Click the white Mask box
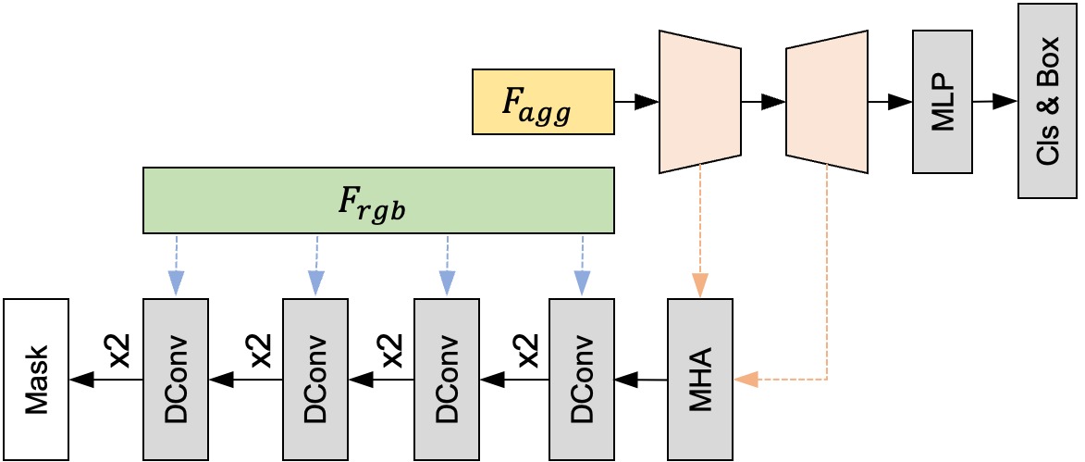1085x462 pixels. [35, 379]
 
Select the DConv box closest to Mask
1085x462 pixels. [176, 379]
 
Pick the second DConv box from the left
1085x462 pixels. [315, 379]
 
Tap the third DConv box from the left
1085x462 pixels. [447, 379]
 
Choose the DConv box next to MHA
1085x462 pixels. [582, 379]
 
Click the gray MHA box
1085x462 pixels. [700, 379]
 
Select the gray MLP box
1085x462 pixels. [942, 102]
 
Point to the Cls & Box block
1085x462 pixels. [1047, 101]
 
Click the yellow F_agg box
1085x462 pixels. [543, 102]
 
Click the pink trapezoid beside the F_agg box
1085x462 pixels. [700, 102]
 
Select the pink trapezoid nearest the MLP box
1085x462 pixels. [826, 102]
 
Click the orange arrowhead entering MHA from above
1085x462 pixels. [700, 285]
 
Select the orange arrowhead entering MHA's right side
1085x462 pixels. [745, 379]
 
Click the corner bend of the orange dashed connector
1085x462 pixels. [826, 379]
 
